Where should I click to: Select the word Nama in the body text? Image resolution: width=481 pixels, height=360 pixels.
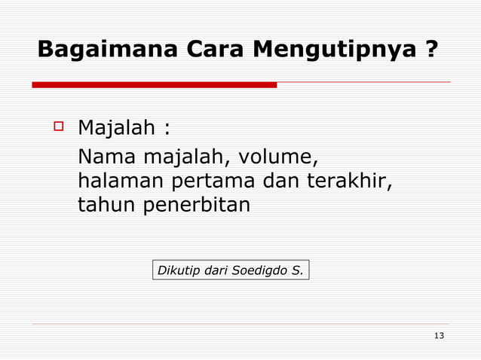103,158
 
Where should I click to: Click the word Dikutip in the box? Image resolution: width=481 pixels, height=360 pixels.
176,270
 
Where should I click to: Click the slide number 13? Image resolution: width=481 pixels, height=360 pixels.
439,335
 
